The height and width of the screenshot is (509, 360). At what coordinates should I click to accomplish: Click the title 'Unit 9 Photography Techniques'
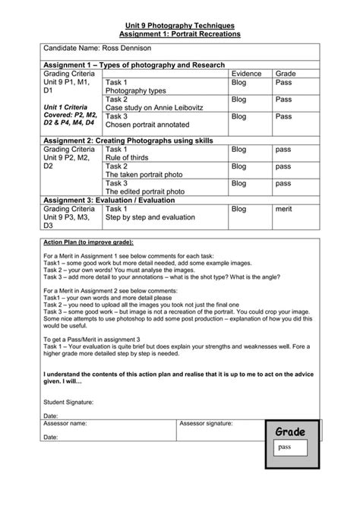(180, 25)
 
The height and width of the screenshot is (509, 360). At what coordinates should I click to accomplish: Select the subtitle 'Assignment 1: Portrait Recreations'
(180, 34)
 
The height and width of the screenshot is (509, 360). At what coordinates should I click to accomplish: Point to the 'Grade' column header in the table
(286, 73)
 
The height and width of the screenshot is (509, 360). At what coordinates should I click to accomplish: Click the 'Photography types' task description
(136, 90)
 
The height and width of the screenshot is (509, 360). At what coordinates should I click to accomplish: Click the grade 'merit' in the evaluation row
(284, 208)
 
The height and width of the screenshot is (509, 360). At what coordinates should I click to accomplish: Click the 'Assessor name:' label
(65, 422)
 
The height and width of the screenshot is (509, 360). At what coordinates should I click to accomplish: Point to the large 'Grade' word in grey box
(290, 432)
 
